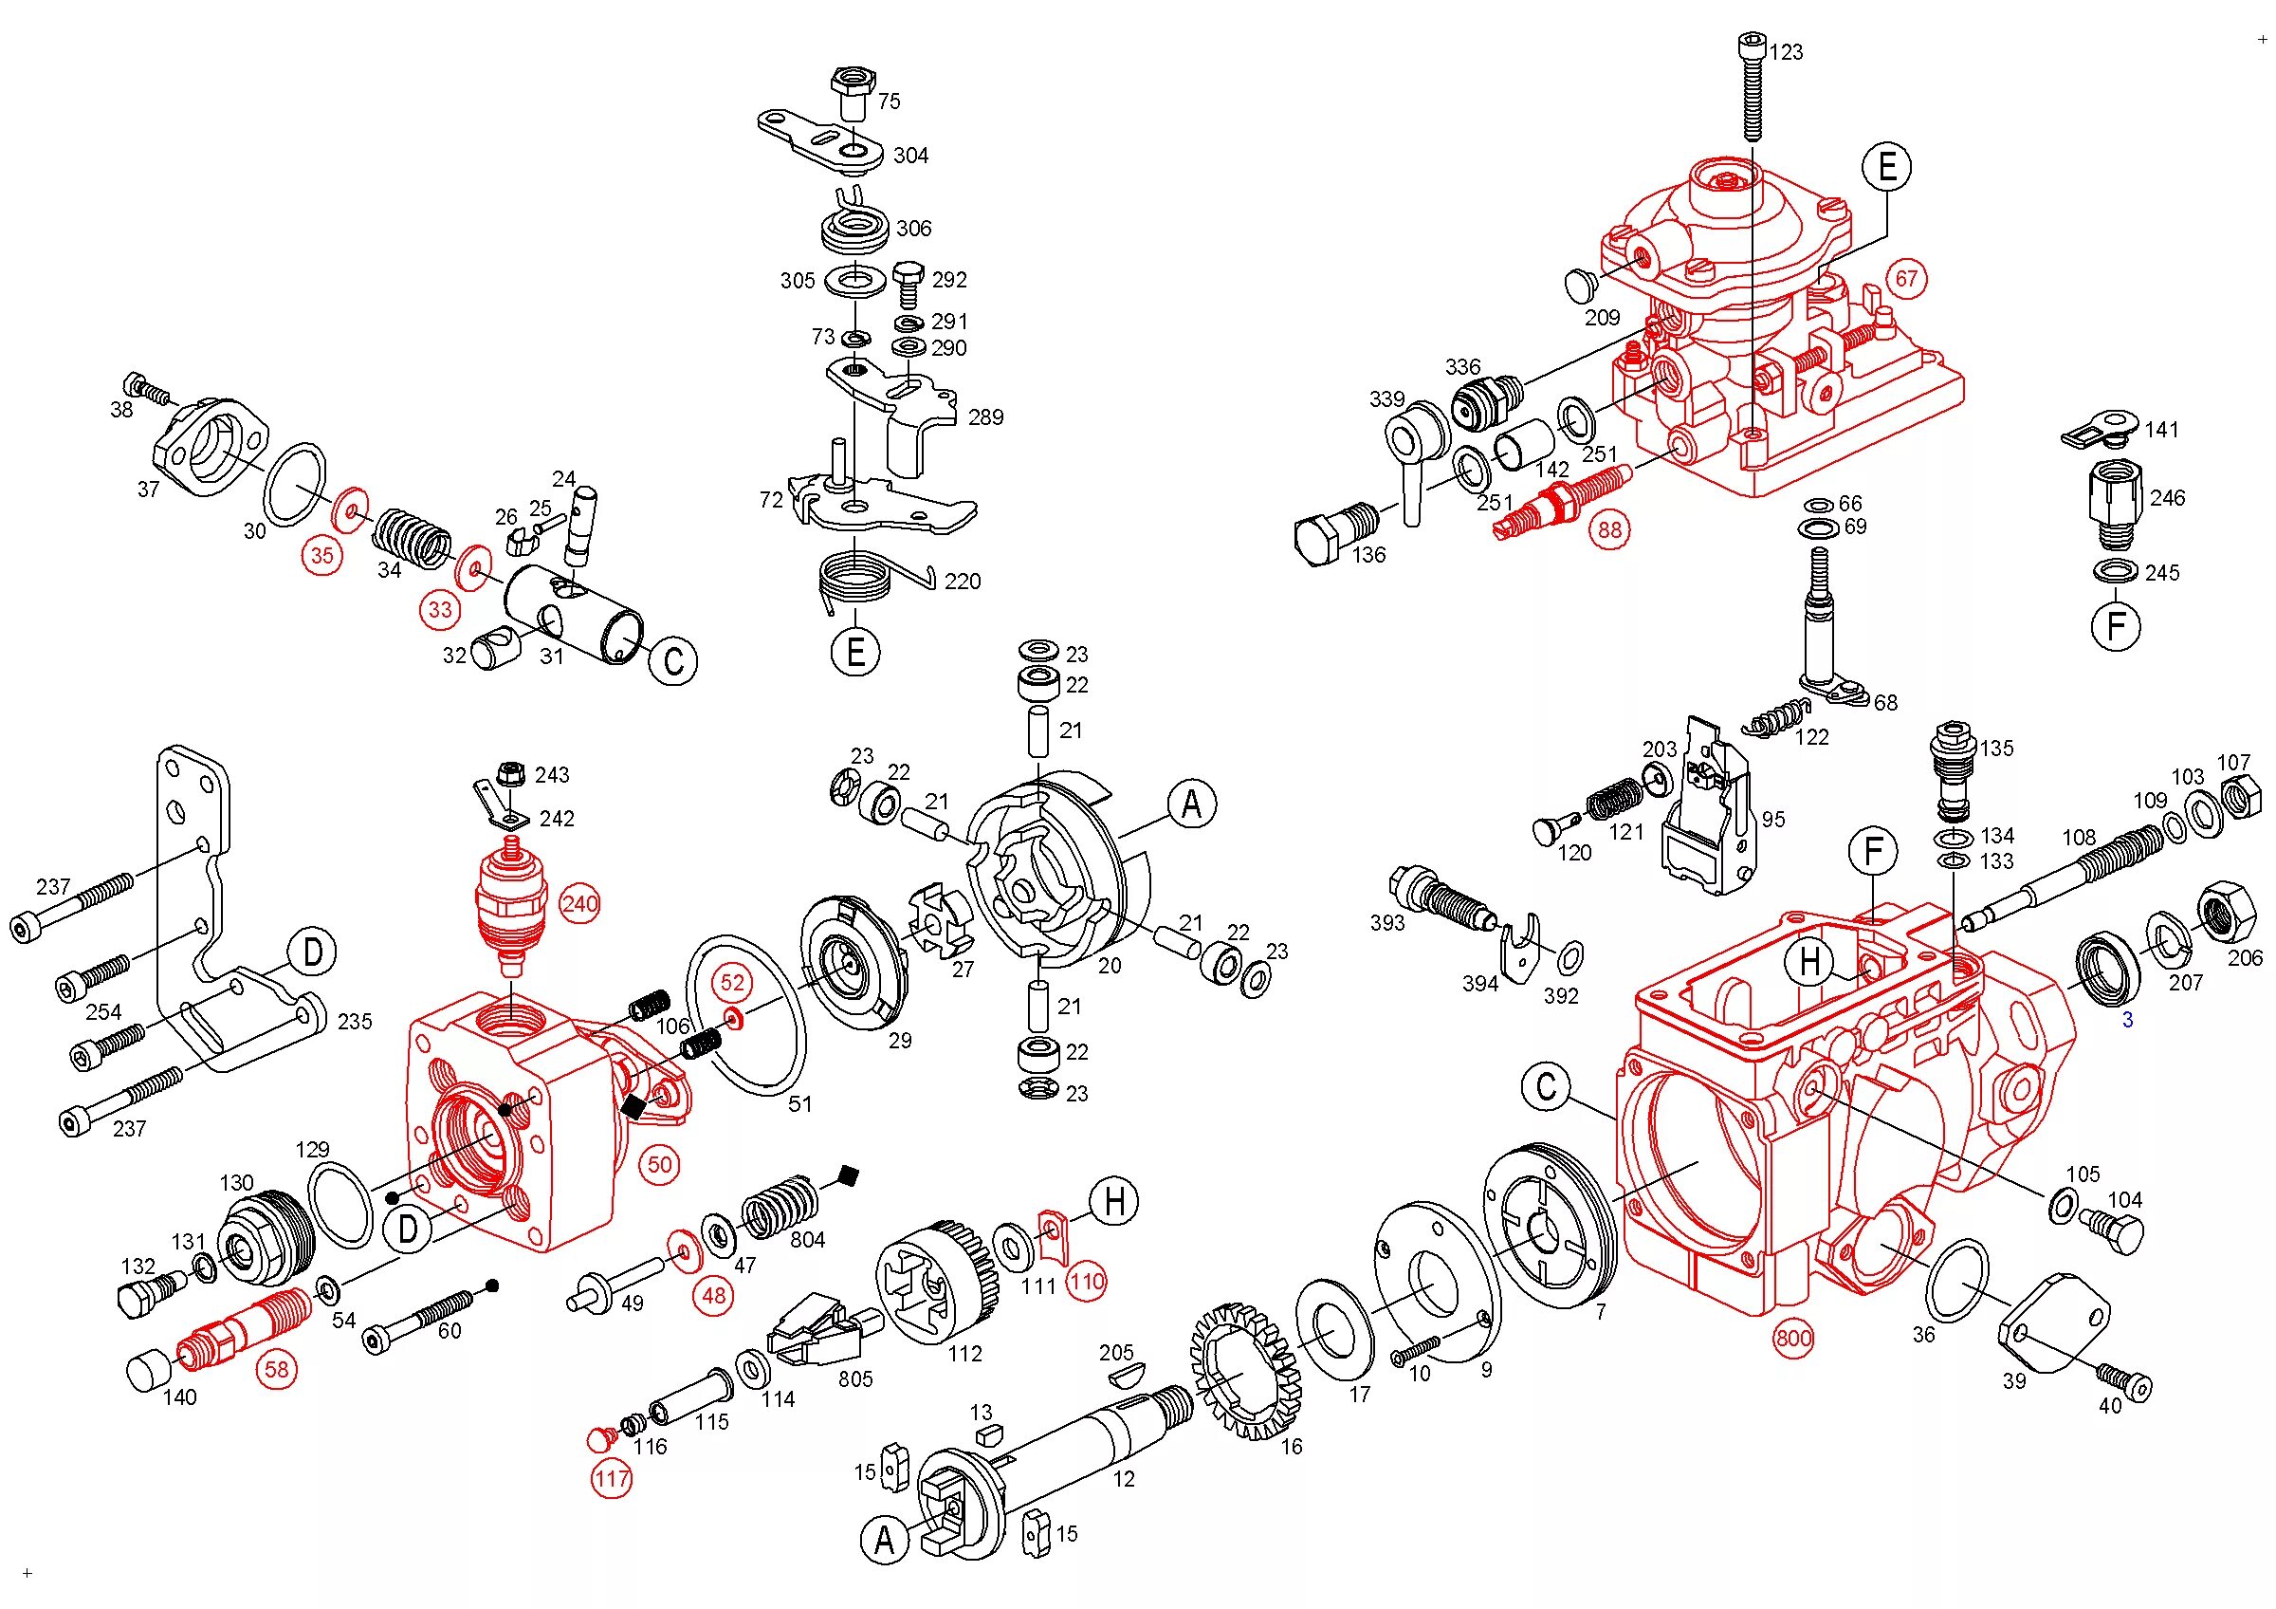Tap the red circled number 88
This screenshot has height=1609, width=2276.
tap(1610, 529)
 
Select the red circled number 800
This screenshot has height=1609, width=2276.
tap(1794, 1339)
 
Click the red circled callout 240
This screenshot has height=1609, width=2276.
tap(579, 903)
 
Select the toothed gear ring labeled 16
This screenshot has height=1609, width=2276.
tap(1244, 1373)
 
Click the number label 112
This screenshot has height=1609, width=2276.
tap(964, 1353)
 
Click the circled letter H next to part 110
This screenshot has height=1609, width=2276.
tap(1115, 1202)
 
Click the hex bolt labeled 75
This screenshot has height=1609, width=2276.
tap(852, 92)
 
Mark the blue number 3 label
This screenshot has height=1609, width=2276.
tap(2126, 1020)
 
